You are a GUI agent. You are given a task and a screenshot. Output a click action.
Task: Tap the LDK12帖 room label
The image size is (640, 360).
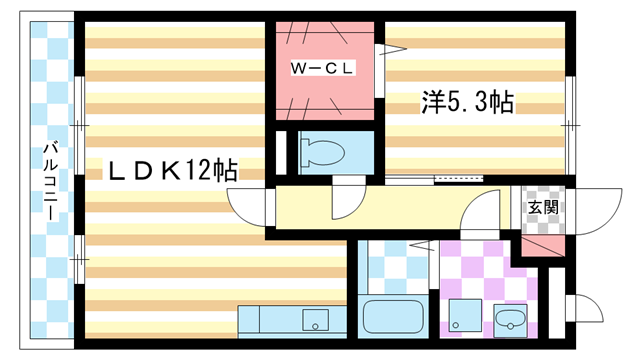click(170, 171)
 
